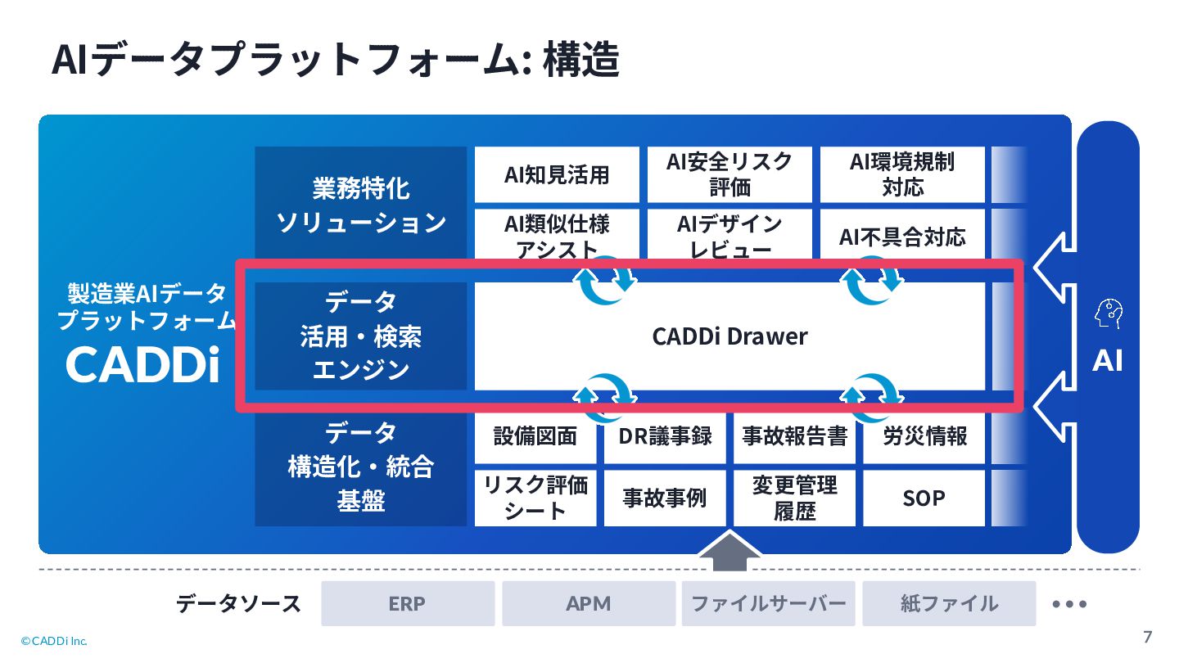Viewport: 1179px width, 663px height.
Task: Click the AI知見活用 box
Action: pos(557,174)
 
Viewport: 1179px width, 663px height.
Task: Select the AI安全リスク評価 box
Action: pos(730,174)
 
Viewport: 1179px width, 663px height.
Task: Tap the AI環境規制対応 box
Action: pos(902,174)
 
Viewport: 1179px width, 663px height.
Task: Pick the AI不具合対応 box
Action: pos(902,237)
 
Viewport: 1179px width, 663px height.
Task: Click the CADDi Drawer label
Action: pos(730,336)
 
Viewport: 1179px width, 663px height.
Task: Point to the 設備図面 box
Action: pos(535,436)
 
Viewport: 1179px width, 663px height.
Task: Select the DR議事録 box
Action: pos(665,436)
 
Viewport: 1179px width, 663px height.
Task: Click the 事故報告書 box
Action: pos(794,436)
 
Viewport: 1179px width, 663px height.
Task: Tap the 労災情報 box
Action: pos(924,436)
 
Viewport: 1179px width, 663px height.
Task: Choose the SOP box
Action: pos(924,498)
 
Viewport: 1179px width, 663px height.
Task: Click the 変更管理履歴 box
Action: pos(794,498)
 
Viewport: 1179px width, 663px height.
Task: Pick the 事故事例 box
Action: pos(665,498)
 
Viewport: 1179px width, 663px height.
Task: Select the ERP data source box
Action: pos(408,604)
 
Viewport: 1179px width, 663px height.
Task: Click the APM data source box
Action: pos(589,604)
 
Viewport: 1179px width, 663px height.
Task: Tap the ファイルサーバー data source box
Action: pos(768,604)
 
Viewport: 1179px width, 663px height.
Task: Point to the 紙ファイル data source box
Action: pos(949,604)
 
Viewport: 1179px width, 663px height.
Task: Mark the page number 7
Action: pos(1147,637)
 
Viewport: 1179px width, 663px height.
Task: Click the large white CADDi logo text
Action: pos(143,365)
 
